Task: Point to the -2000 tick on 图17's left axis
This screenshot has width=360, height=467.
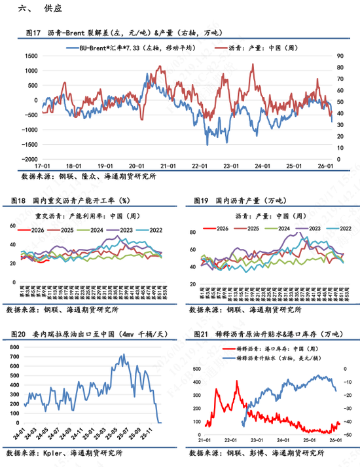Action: [x=29, y=159]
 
